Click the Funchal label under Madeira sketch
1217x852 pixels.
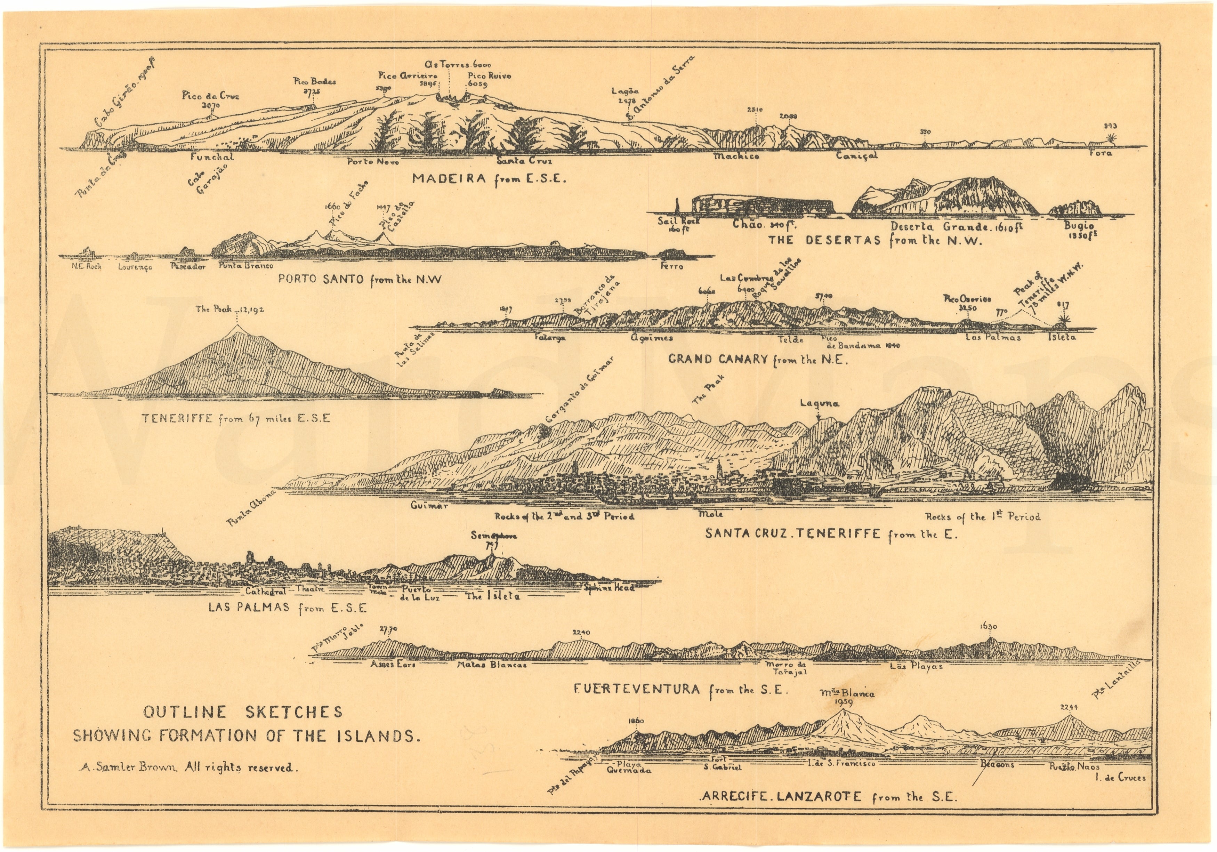point(212,157)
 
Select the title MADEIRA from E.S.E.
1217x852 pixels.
point(489,179)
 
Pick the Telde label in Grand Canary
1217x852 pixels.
point(791,340)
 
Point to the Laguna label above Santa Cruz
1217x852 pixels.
point(820,403)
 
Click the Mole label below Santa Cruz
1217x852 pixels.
point(711,514)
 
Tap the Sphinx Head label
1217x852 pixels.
point(609,587)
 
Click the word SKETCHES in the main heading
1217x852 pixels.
point(294,712)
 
